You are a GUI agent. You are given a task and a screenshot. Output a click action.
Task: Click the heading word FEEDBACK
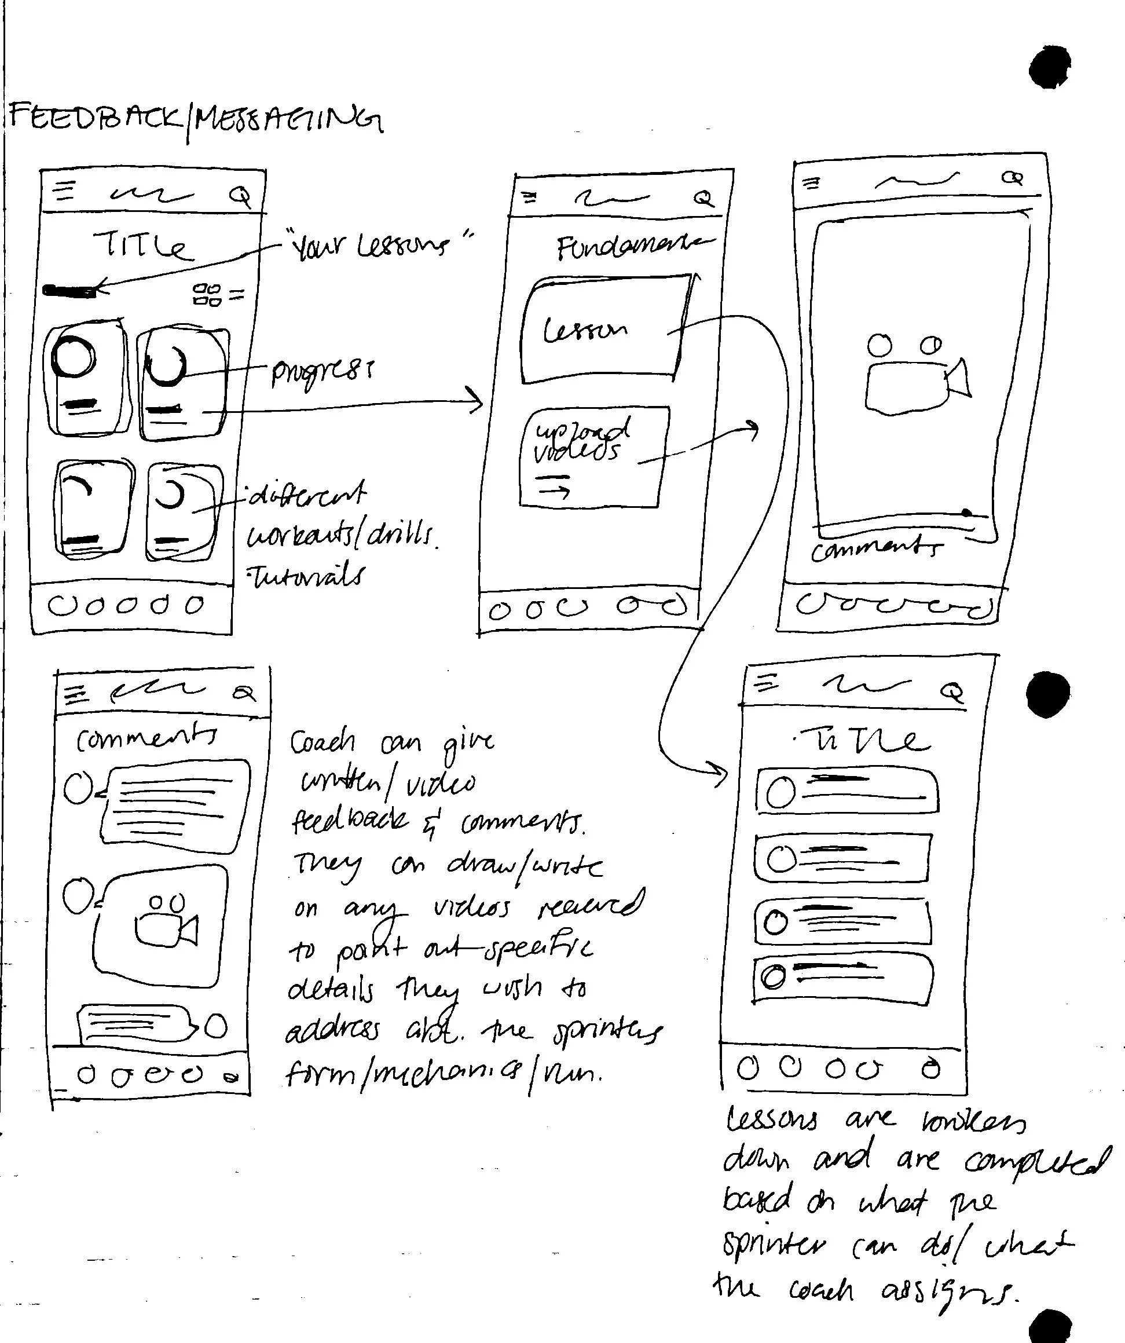tap(96, 118)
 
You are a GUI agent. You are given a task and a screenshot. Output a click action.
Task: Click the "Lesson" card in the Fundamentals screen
tap(604, 330)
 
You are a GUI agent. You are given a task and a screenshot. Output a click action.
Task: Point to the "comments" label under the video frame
tap(875, 548)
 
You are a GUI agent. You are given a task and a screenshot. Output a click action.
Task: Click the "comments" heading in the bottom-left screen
tap(146, 738)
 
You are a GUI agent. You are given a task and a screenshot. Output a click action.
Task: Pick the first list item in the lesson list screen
tap(847, 792)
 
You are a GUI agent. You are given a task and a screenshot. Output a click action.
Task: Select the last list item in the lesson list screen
tap(842, 979)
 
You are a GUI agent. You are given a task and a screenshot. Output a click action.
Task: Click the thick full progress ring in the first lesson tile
tap(75, 357)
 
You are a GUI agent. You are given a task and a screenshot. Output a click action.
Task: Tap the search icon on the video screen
tap(1012, 178)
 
